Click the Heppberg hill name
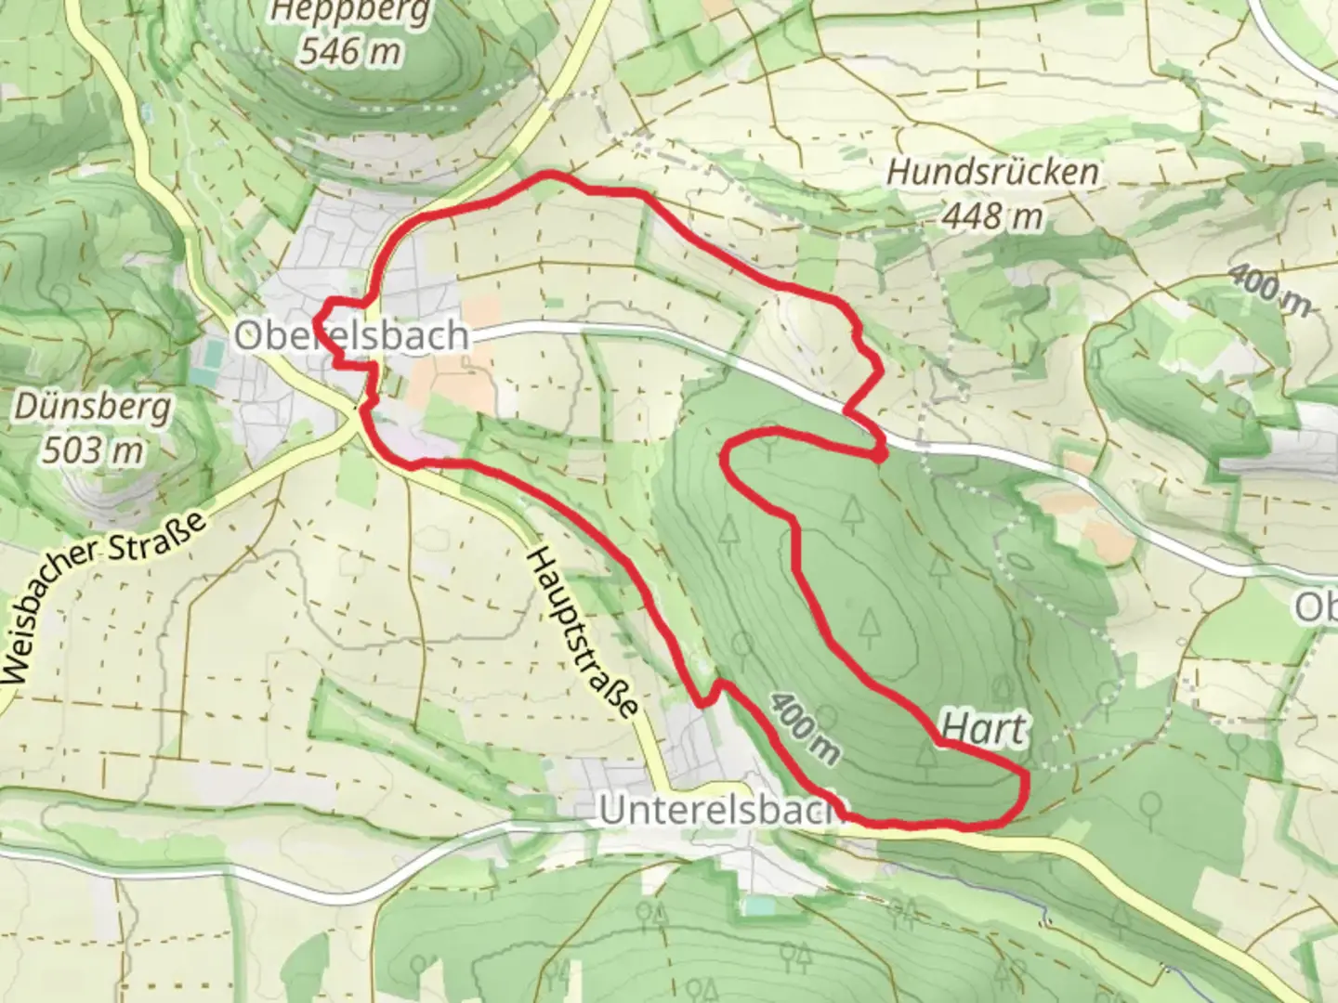[x=350, y=13]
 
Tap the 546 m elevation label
[x=350, y=51]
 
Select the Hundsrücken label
[x=992, y=172]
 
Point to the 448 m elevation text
[x=990, y=216]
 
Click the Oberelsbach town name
[x=351, y=335]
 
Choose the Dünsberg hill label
[x=93, y=407]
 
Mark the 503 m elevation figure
[x=93, y=450]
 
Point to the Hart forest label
[x=985, y=729]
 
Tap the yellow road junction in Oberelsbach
[x=358, y=413]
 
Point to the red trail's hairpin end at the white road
[x=878, y=453]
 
